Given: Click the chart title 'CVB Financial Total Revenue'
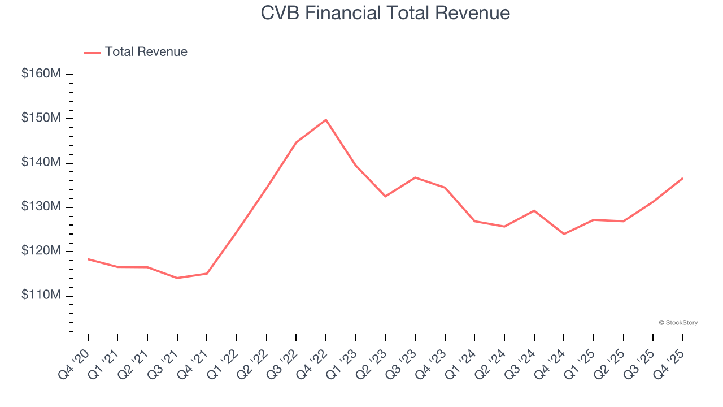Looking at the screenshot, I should (385, 13).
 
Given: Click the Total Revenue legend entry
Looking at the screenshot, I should (136, 52).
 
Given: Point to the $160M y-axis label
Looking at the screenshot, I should (41, 74).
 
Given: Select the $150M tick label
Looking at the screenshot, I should (41, 118).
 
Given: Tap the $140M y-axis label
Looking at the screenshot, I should (41, 163).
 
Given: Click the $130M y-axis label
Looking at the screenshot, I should (41, 207).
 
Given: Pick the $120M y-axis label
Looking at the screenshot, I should (41, 251).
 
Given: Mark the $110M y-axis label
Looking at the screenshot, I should (41, 296).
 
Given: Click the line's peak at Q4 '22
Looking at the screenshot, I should (326, 120).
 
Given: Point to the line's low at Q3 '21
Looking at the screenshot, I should (177, 278).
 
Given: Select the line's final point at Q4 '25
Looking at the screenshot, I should (682, 179).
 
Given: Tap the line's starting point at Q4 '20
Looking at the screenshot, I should (88, 259).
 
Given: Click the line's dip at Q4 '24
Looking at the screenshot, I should (564, 234).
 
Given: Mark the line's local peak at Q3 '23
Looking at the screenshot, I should (415, 177).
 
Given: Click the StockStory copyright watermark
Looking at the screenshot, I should (678, 323).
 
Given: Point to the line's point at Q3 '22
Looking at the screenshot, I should (296, 142).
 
